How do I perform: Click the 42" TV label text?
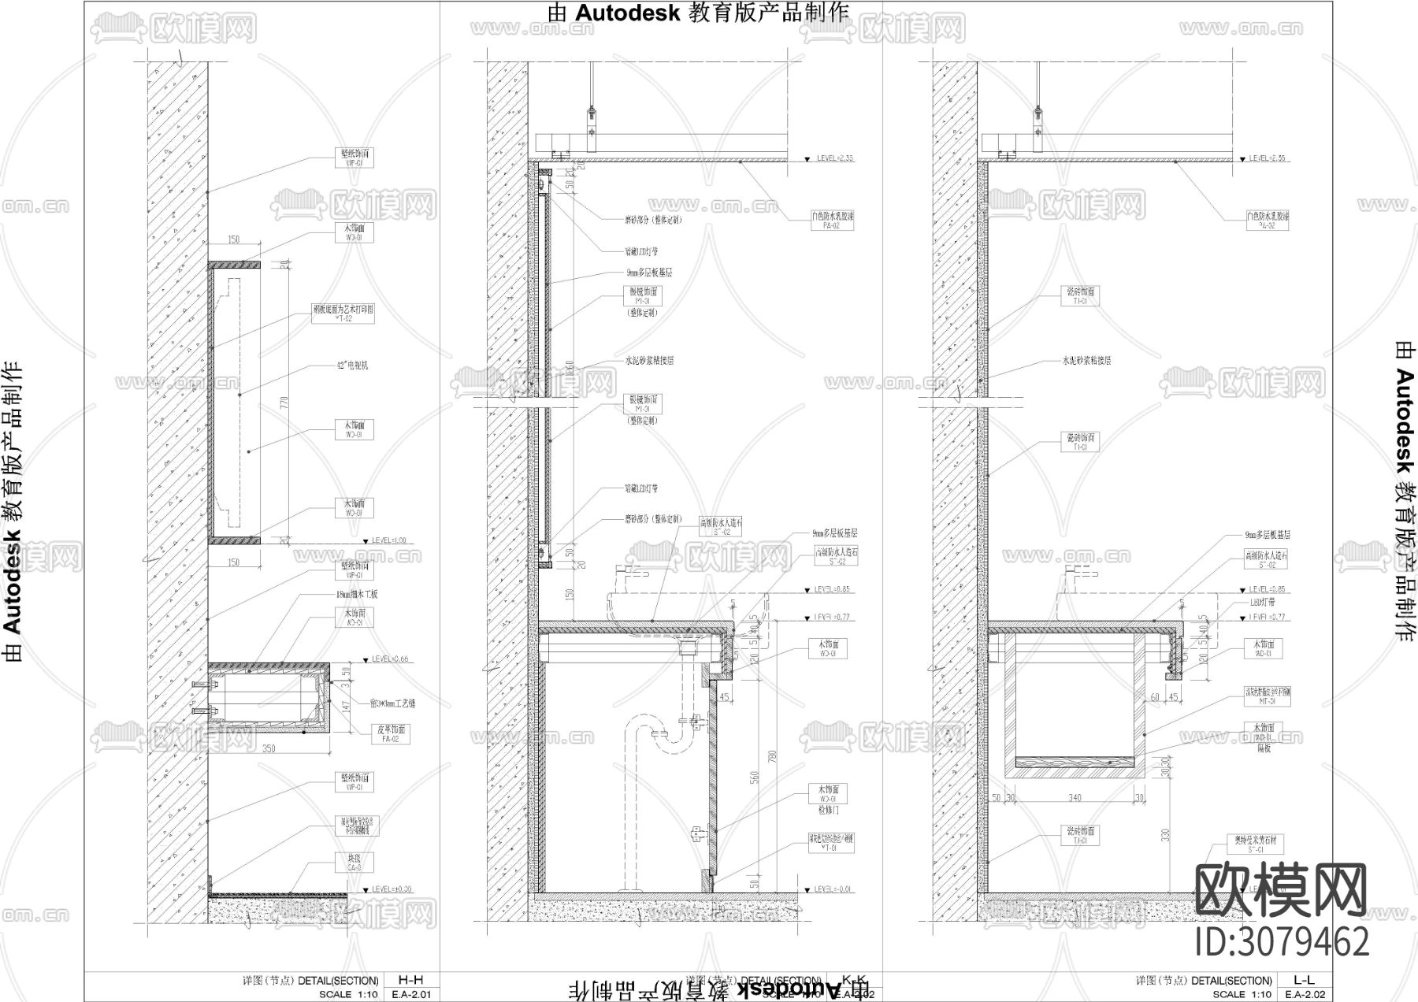[x=352, y=366]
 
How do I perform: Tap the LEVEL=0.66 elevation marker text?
[x=391, y=659]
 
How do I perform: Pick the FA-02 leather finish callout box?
[x=391, y=734]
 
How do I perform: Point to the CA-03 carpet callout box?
[x=354, y=862]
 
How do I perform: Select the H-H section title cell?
[x=410, y=980]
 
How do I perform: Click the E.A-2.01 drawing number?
[x=410, y=993]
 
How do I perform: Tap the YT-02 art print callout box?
[x=354, y=313]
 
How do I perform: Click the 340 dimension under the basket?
[x=1075, y=798]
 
